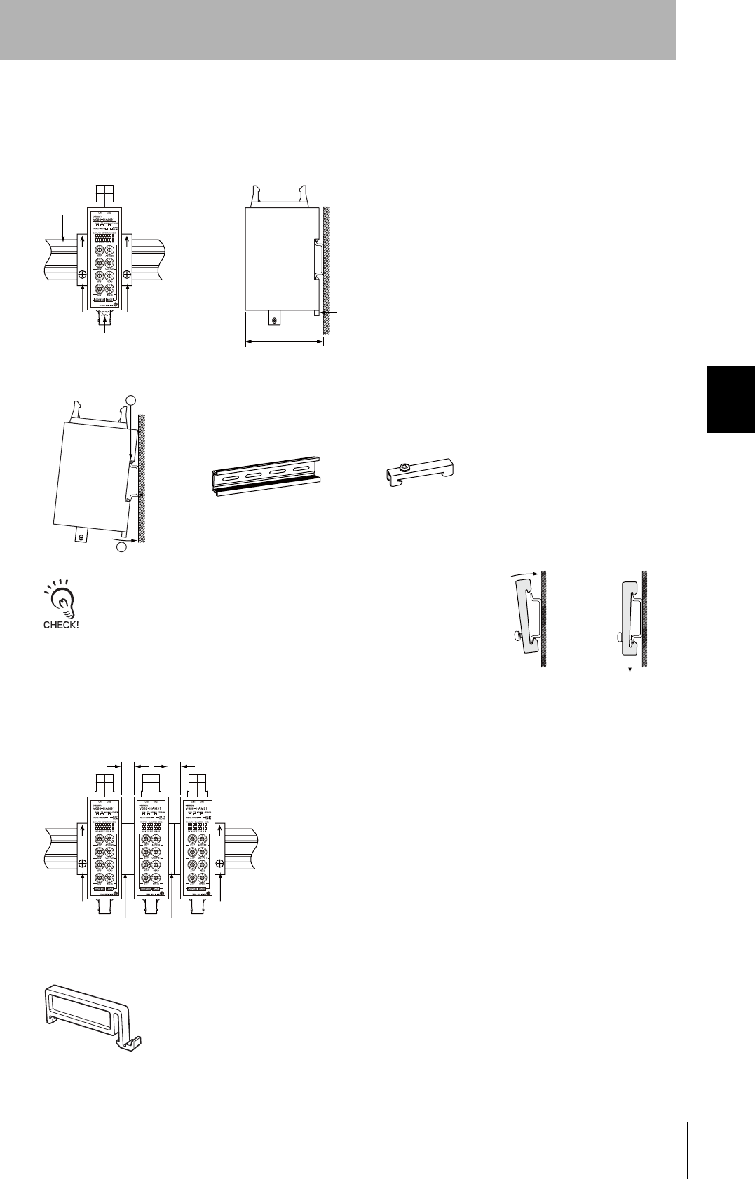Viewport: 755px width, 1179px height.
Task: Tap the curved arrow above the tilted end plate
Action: (526, 574)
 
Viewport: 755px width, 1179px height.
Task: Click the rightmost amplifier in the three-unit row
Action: (199, 846)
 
